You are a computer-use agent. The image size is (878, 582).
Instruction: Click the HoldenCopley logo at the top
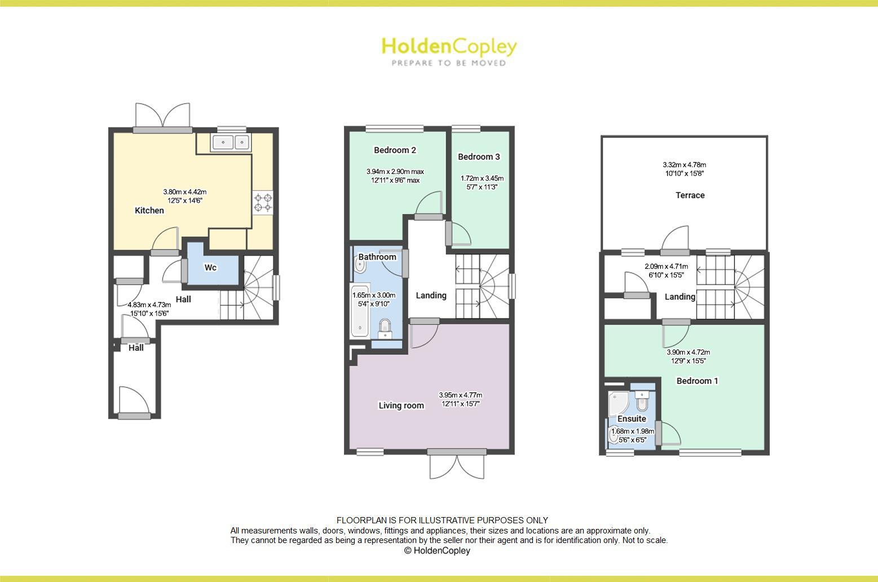pyautogui.click(x=449, y=51)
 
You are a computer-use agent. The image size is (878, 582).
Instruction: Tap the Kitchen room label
pyautogui.click(x=149, y=211)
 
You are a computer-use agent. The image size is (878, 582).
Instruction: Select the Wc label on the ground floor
pyautogui.click(x=210, y=268)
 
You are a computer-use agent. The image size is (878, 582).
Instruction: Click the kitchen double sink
pyautogui.click(x=230, y=142)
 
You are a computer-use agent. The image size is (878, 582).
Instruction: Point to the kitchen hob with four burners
pyautogui.click(x=263, y=203)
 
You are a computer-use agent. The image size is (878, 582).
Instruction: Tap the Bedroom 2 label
pyautogui.click(x=395, y=150)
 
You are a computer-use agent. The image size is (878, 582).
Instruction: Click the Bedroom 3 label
pyautogui.click(x=479, y=157)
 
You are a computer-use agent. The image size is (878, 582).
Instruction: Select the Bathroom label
pyautogui.click(x=377, y=257)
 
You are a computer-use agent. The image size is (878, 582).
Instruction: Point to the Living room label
pyautogui.click(x=401, y=405)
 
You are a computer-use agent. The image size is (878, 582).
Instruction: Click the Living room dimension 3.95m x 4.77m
pyautogui.click(x=460, y=399)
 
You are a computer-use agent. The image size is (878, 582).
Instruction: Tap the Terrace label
pyautogui.click(x=690, y=195)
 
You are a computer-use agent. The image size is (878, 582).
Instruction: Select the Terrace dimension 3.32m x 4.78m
pyautogui.click(x=684, y=169)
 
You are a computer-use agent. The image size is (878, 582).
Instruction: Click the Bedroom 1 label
pyautogui.click(x=697, y=381)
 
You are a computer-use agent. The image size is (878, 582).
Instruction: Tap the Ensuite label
pyautogui.click(x=632, y=419)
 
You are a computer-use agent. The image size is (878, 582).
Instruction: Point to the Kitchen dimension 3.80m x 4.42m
pyautogui.click(x=184, y=196)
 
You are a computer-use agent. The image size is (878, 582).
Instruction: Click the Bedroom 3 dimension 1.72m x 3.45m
pyautogui.click(x=482, y=182)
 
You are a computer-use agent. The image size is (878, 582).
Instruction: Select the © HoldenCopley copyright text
pyautogui.click(x=437, y=550)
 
